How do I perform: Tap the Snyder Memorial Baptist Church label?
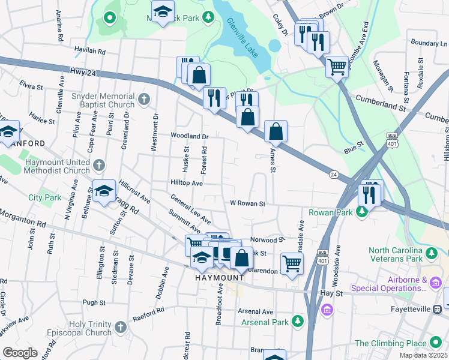(x=103, y=100)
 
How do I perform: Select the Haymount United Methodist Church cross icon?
(x=100, y=164)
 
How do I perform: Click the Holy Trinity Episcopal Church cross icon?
(x=120, y=327)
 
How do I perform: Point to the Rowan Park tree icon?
(x=362, y=212)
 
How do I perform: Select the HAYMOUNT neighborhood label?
(x=219, y=278)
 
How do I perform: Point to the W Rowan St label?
(x=247, y=203)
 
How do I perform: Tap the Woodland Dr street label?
(x=189, y=136)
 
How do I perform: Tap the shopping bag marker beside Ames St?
(x=276, y=130)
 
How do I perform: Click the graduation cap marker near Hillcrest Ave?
(x=104, y=191)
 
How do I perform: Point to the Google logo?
(x=20, y=353)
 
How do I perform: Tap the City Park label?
(x=44, y=197)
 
